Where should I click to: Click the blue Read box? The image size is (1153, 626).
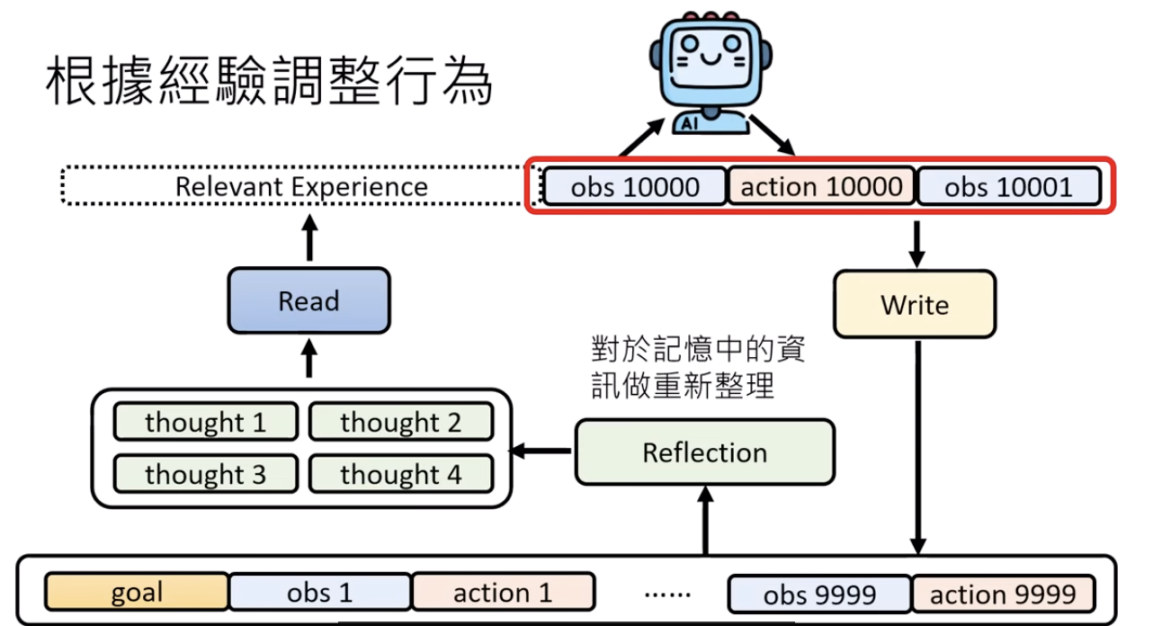coord(308,300)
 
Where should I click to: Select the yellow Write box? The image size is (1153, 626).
coord(915,304)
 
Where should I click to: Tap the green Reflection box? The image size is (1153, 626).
coord(704,452)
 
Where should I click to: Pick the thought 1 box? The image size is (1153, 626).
coord(205,422)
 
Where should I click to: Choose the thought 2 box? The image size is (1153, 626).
coord(400,422)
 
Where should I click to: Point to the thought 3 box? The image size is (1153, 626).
coord(205,474)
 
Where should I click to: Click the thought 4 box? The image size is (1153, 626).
coord(400,474)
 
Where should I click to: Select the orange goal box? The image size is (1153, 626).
coord(137,593)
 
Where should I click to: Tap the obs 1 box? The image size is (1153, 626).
coord(319,593)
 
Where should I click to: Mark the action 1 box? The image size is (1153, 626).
coord(503,593)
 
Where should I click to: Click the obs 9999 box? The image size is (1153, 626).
coord(819,594)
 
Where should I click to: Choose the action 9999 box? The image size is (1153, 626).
coord(1003,594)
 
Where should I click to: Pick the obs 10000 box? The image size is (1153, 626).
coord(635,187)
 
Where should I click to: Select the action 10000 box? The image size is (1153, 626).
coord(821,187)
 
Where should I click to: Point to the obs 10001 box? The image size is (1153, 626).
coord(1008,187)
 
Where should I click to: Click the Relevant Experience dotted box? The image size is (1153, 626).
coord(300,187)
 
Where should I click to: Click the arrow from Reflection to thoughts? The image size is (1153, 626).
coord(542,450)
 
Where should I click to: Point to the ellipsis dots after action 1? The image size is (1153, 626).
coord(667,595)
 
